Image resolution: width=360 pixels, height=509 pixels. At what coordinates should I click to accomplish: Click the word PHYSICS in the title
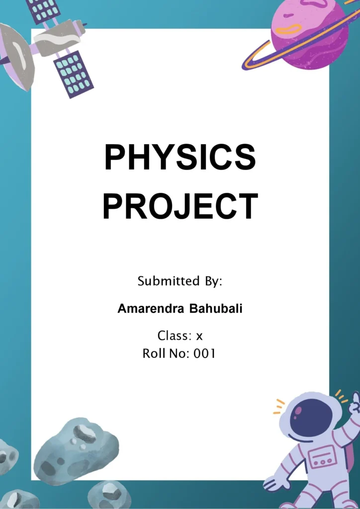pyautogui.click(x=180, y=158)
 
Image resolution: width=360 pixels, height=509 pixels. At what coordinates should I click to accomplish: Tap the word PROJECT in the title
pyautogui.click(x=180, y=206)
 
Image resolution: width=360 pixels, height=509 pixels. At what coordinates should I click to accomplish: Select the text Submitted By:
pyautogui.click(x=180, y=281)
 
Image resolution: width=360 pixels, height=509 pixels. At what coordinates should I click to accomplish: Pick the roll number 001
pyautogui.click(x=205, y=354)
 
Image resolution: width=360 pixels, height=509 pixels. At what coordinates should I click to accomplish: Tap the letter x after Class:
pyautogui.click(x=199, y=337)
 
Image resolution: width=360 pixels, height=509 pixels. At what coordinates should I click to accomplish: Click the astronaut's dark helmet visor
pyautogui.click(x=311, y=418)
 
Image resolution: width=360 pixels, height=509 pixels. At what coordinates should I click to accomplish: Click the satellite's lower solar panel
pyautogui.click(x=73, y=74)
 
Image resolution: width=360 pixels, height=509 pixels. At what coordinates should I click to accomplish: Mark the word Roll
pyautogui.click(x=153, y=354)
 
